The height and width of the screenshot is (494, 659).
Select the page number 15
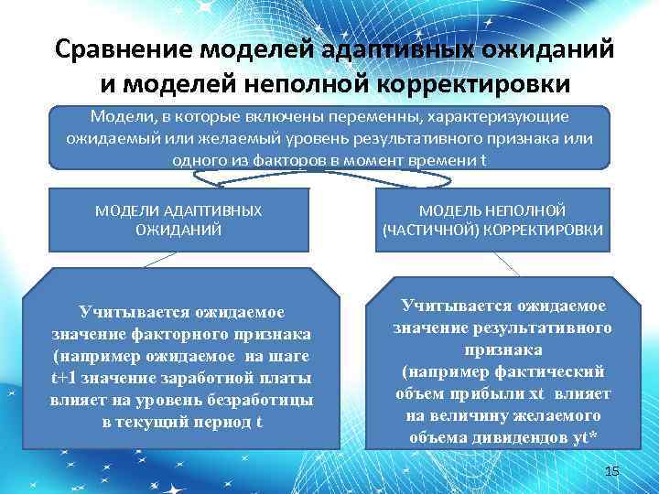(x=612, y=470)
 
